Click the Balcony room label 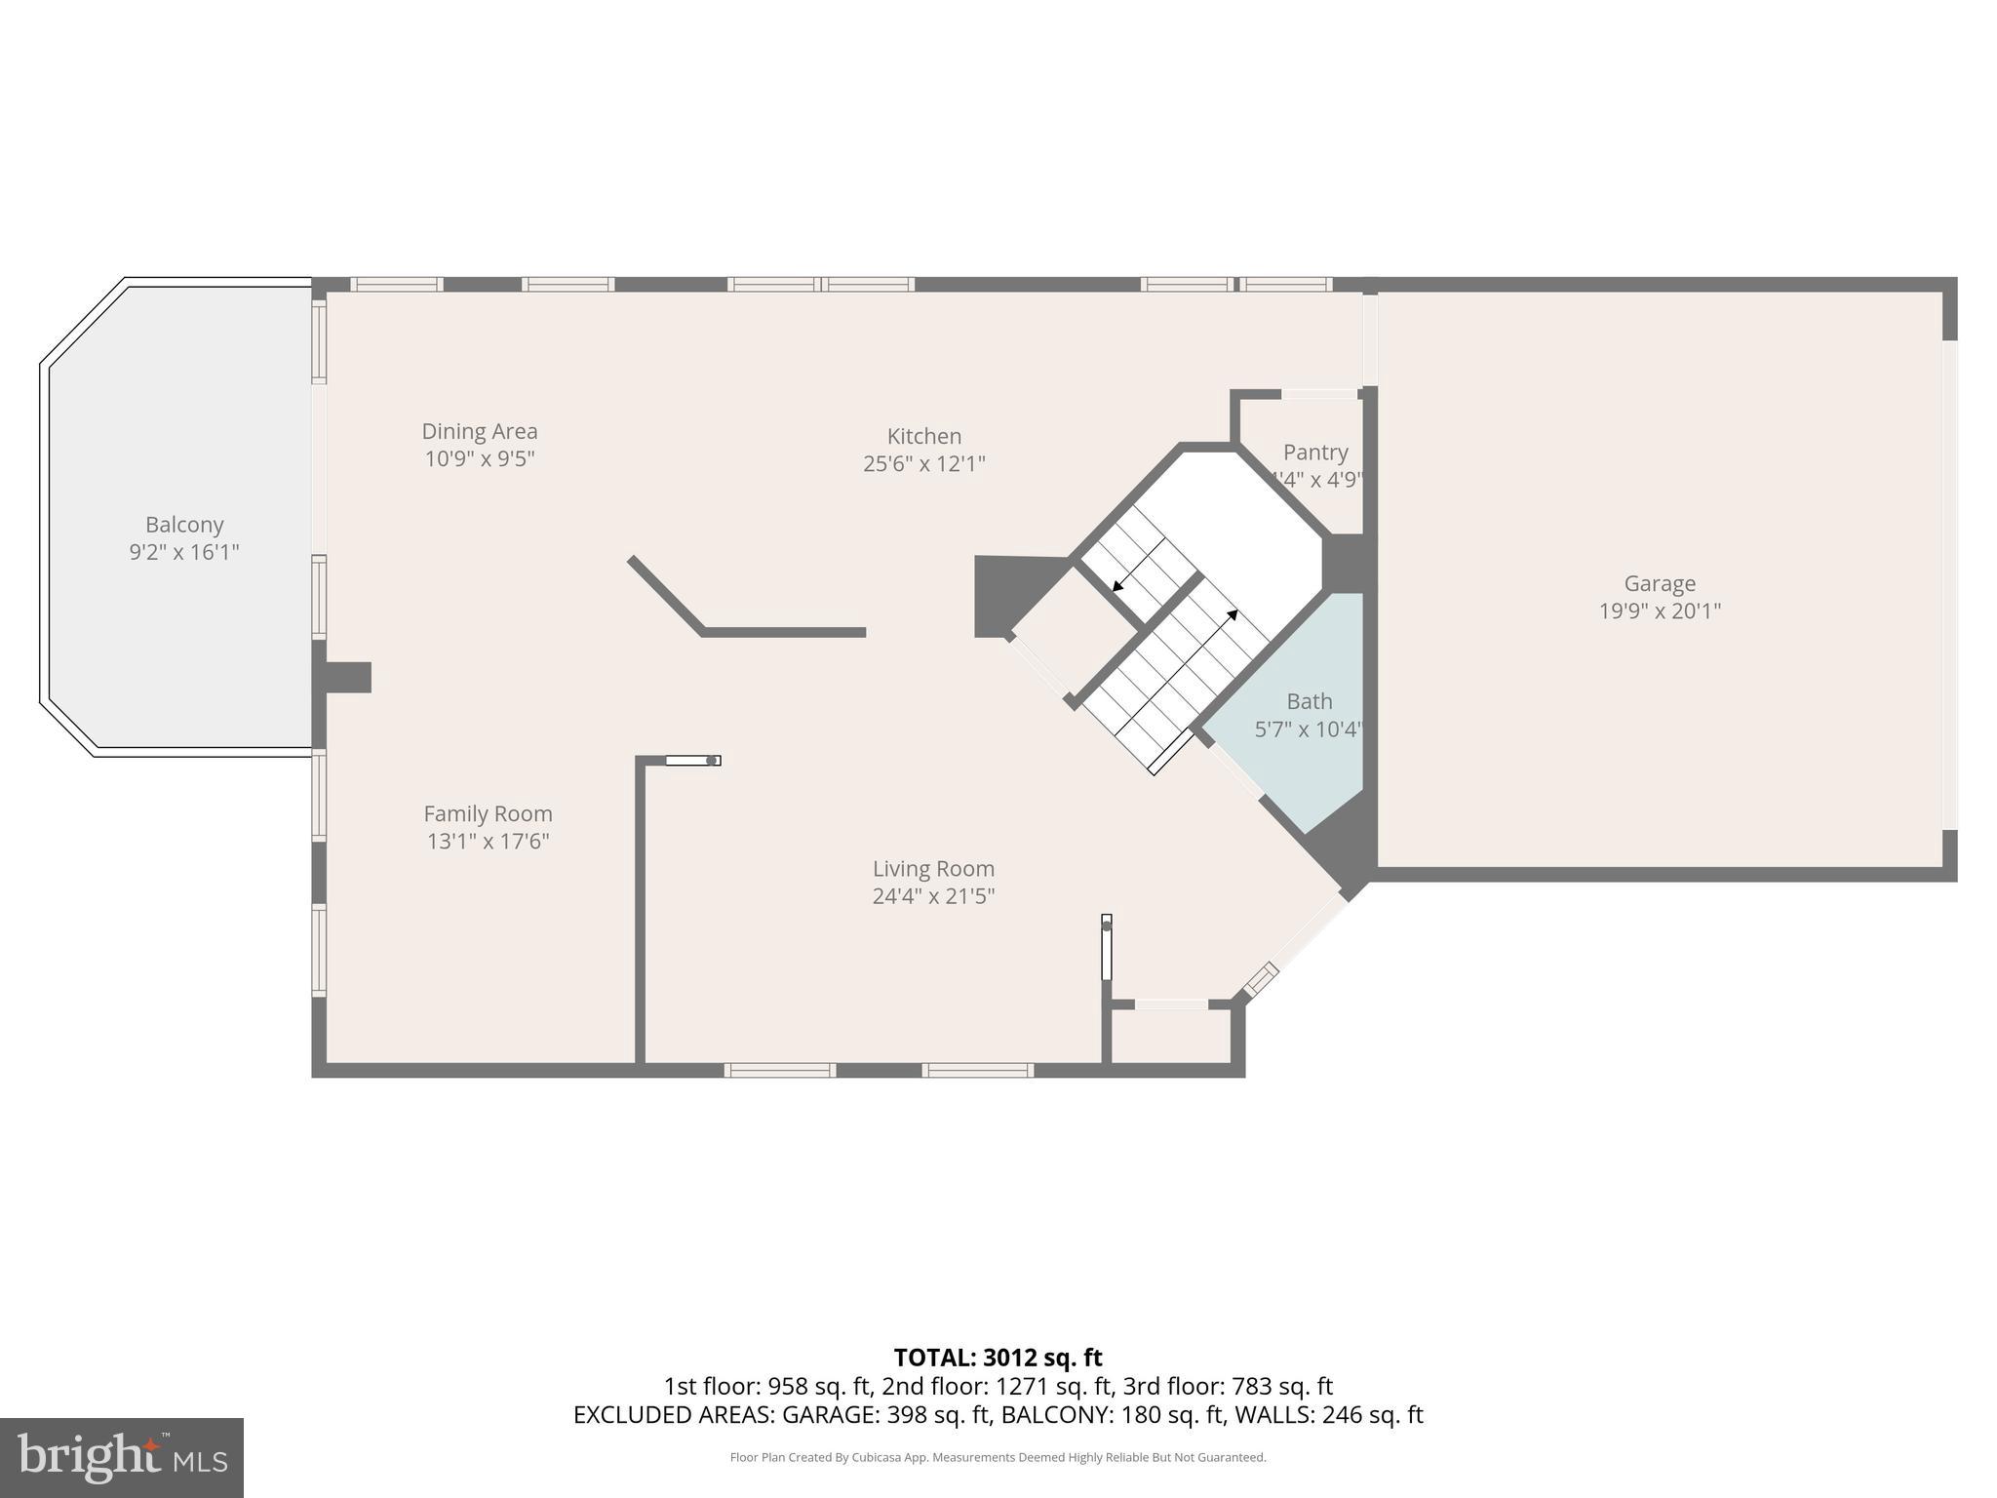184,525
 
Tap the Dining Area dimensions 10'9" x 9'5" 480,459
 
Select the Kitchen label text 923,436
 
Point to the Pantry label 1315,453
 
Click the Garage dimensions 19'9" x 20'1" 1660,611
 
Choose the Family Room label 488,813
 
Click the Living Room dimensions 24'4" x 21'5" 933,896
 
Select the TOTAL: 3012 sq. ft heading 998,1358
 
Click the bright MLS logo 121,1457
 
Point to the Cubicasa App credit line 998,1458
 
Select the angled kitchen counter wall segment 666,595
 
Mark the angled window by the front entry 1262,978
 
